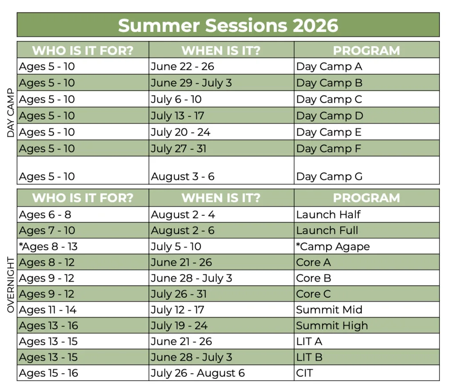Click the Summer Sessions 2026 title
[228, 25]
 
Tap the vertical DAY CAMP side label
[11, 113]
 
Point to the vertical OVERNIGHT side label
[11, 285]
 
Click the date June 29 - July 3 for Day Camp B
[191, 83]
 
